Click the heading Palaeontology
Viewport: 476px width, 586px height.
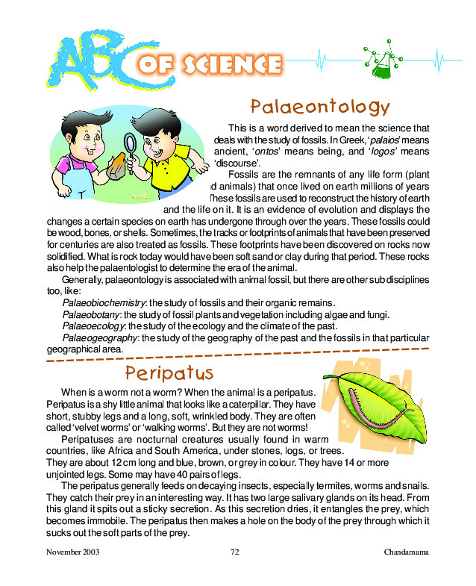tap(319, 107)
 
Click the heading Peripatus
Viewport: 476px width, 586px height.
tap(169, 372)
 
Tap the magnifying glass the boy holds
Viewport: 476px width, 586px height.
tap(131, 143)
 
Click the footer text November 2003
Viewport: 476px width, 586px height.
tap(72, 553)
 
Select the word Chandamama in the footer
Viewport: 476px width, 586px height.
tap(407, 553)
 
